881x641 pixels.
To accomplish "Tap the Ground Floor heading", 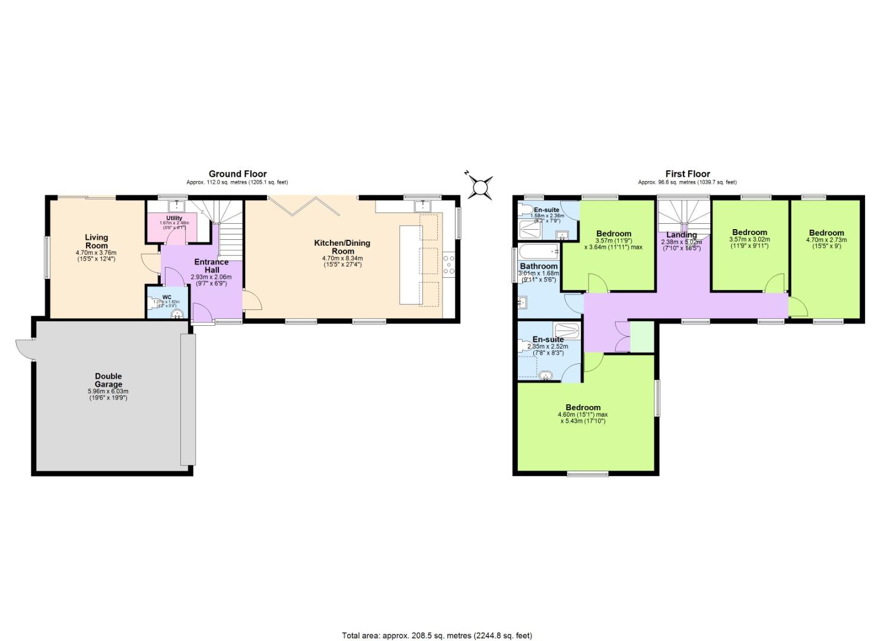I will click(237, 174).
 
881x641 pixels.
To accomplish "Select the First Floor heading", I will click(687, 174).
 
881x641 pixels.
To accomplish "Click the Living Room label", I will click(96, 242).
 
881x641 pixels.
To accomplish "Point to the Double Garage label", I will click(108, 380).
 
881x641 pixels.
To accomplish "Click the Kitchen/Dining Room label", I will click(342, 246).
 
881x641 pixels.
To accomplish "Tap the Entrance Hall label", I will click(212, 265).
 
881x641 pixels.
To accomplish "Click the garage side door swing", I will click(26, 349).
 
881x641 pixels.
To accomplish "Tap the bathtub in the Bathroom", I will click(539, 250).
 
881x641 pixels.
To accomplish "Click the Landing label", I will click(681, 234).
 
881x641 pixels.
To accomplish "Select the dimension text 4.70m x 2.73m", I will click(826, 240).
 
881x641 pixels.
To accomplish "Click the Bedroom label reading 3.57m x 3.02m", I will click(749, 232).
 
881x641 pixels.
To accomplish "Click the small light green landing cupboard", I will click(641, 337).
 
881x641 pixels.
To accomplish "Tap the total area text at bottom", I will click(437, 634).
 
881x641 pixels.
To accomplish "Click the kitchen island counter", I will click(409, 264).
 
